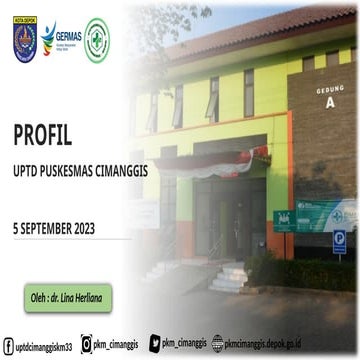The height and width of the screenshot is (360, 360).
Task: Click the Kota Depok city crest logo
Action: tap(25, 39)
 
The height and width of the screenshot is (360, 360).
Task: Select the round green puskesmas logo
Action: tap(97, 39)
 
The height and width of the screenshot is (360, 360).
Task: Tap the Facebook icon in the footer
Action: tap(7, 346)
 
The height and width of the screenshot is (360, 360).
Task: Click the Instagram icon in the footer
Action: tap(87, 345)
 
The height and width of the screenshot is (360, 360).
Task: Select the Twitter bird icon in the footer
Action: tap(156, 344)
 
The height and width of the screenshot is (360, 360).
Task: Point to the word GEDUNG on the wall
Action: tap(329, 89)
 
